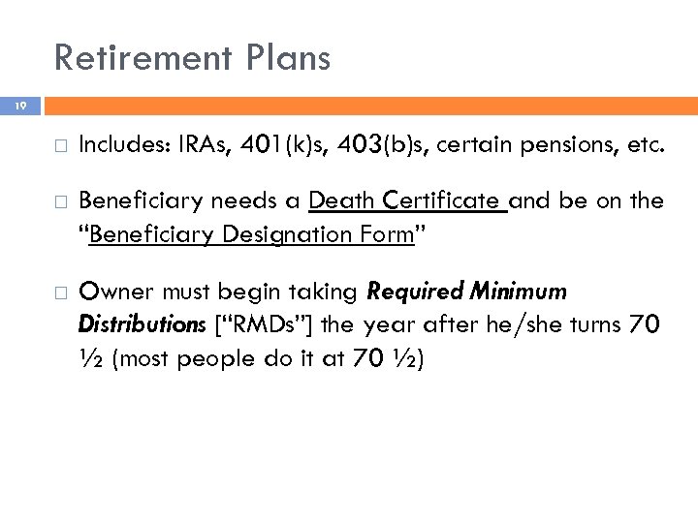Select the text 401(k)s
290,147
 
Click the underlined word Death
342,201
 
